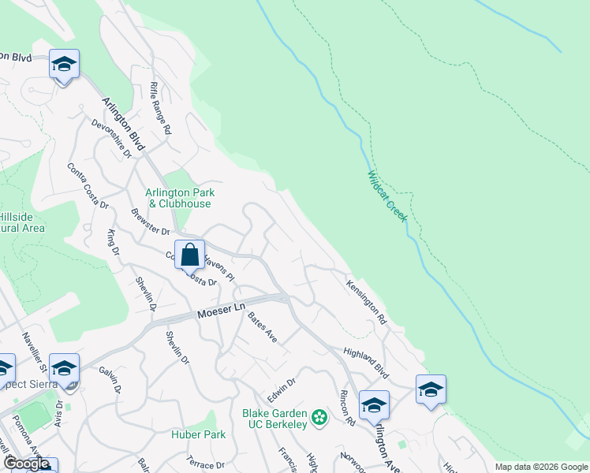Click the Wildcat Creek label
(x=386, y=196)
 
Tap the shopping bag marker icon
(x=189, y=256)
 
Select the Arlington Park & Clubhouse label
(x=180, y=198)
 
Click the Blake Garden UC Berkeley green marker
(x=319, y=416)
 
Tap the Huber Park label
(x=199, y=434)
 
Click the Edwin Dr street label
(x=281, y=389)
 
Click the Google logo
(x=26, y=464)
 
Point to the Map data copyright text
(x=541, y=467)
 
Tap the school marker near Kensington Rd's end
(x=431, y=390)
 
